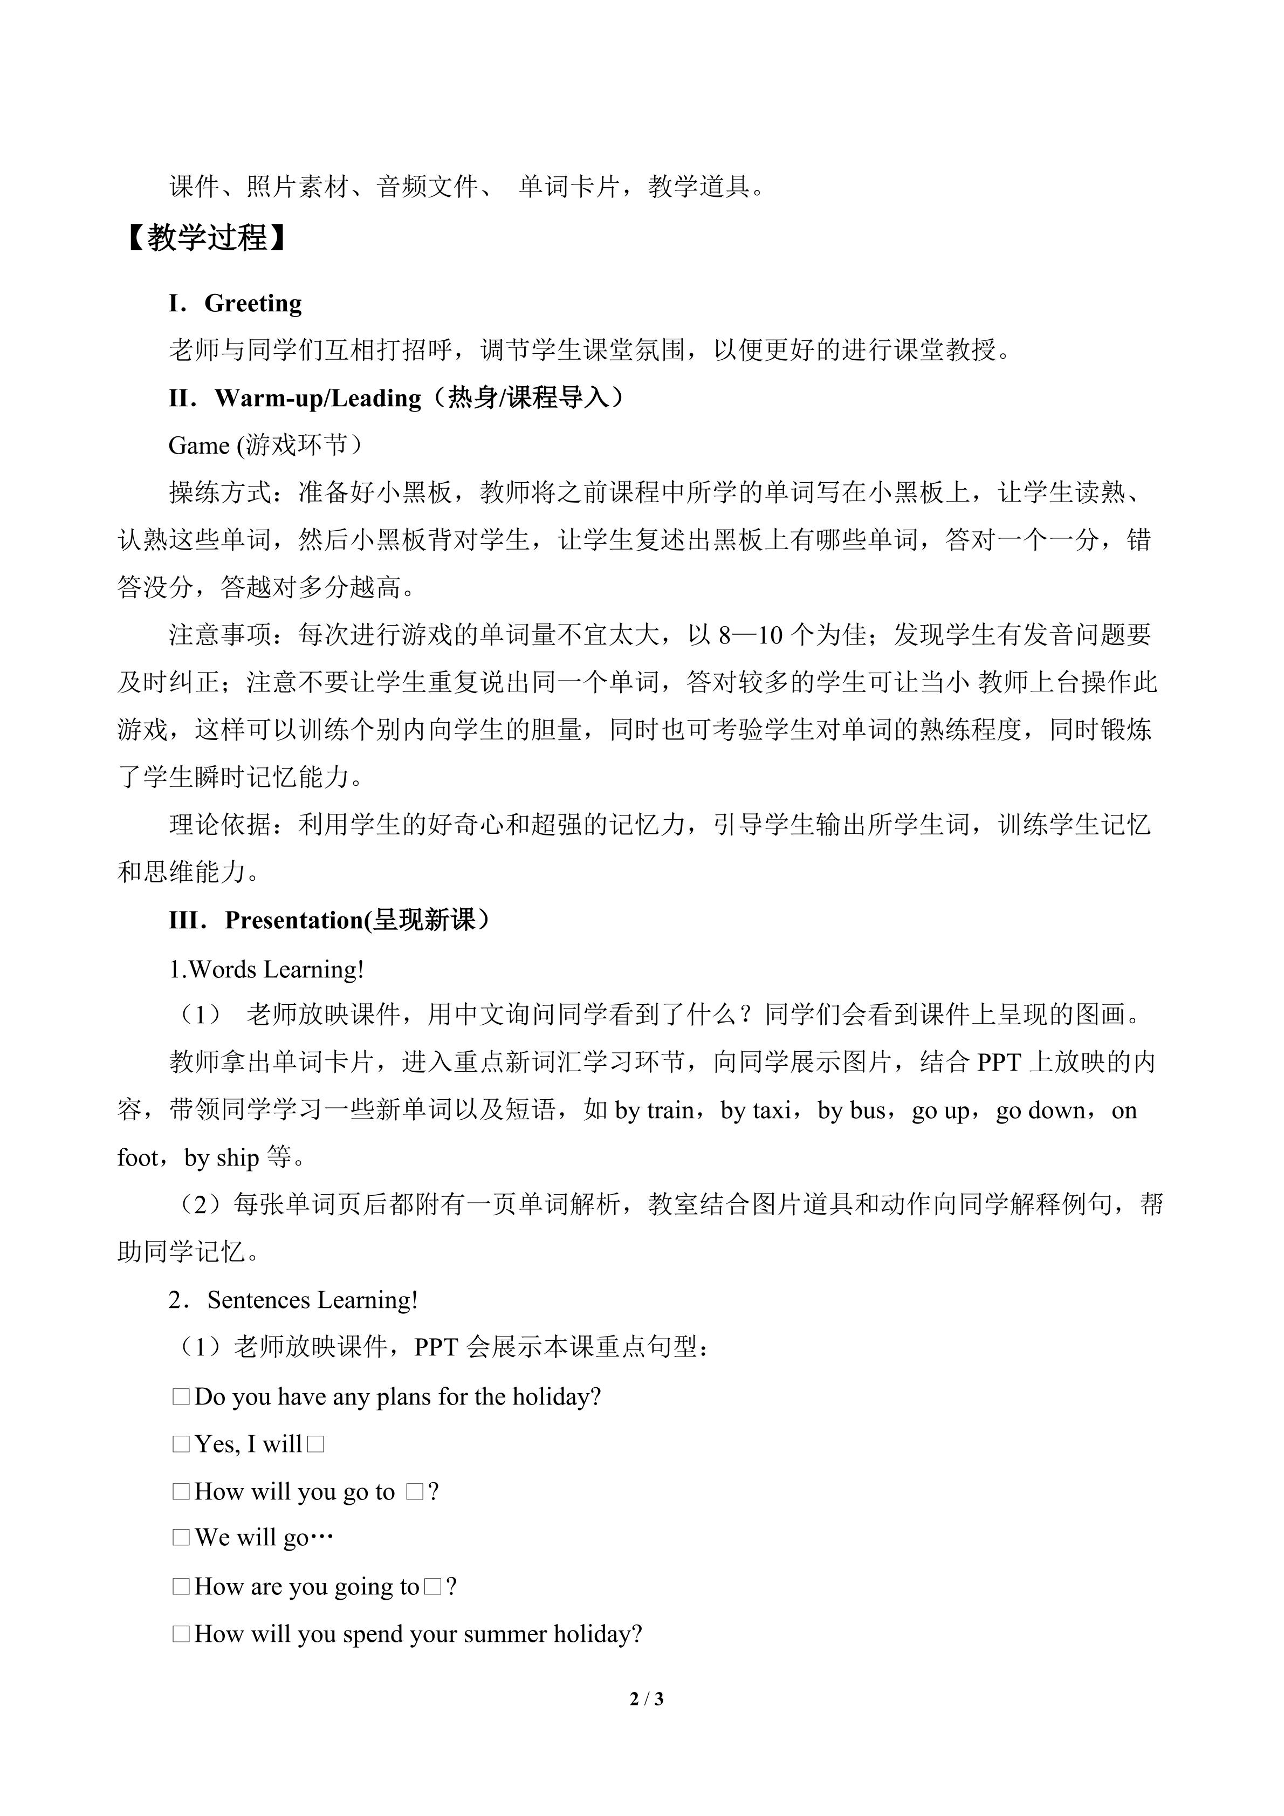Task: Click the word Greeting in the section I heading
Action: point(253,303)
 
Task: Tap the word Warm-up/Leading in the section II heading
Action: point(318,398)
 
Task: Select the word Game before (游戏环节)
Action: point(198,446)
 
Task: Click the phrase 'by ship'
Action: point(222,1159)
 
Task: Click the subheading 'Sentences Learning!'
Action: point(312,1301)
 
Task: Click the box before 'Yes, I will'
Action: point(181,1445)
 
